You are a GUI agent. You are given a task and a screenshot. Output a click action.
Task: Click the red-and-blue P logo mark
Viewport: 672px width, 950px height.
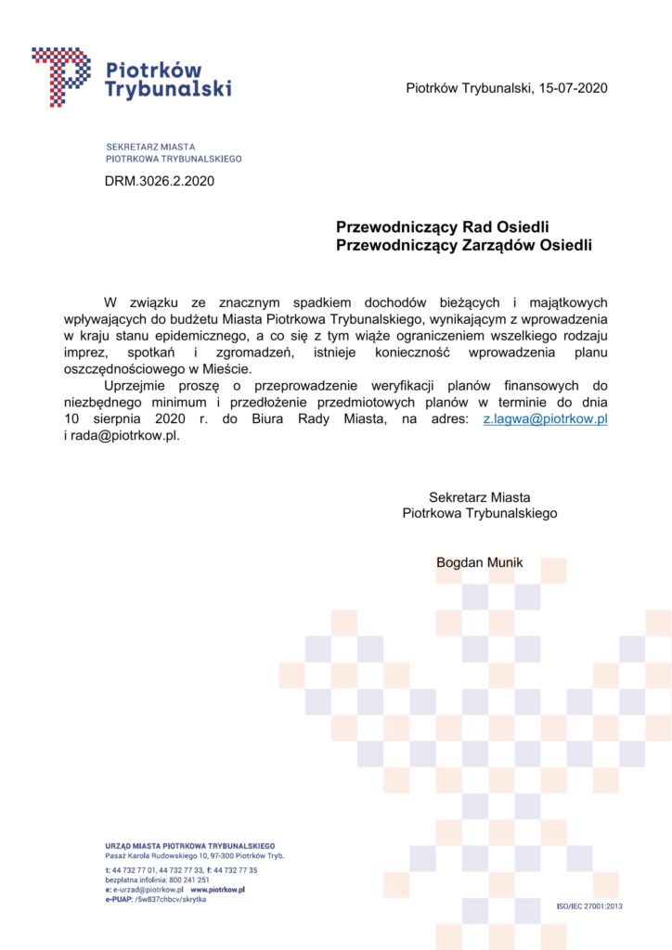61,76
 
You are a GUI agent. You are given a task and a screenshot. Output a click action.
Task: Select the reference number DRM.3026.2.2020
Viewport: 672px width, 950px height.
160,181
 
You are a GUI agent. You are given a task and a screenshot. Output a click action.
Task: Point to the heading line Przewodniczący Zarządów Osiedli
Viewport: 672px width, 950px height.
463,245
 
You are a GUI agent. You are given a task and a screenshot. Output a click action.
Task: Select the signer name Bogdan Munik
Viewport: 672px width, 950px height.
480,562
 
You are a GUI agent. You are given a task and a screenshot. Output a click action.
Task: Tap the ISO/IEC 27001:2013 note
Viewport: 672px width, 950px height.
588,905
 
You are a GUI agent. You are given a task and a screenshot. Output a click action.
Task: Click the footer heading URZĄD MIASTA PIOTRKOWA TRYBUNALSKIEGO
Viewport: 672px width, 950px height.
190,845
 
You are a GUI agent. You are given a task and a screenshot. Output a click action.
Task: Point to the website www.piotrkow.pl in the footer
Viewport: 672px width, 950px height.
217,889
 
